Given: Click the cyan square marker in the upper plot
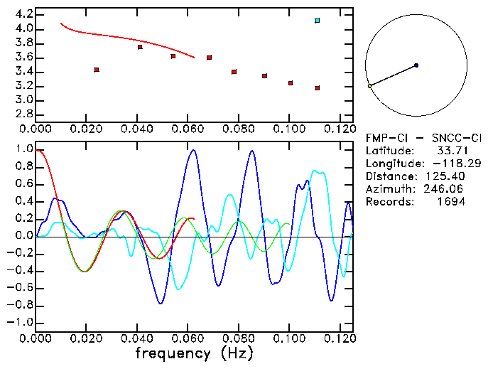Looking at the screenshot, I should (317, 21).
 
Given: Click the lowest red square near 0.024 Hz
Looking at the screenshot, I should (97, 70).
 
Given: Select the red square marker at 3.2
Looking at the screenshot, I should (317, 88).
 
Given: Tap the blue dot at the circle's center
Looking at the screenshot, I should (416, 65).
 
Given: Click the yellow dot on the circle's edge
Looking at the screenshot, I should (369, 86).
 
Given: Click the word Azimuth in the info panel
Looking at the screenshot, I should (389, 189).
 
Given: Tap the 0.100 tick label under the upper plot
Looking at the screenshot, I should (289, 129).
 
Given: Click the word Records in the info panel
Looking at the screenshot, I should (389, 202).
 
